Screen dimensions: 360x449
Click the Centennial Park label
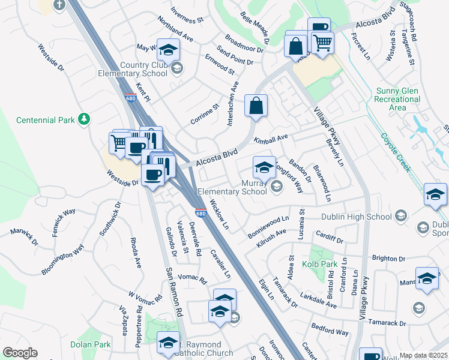[46, 120]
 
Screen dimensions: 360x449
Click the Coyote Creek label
[396, 152]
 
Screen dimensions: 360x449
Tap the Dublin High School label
[357, 217]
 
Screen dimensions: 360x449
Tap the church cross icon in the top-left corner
[59, 5]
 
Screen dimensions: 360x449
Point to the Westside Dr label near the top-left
[51, 58]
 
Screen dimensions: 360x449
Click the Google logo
[20, 353]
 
